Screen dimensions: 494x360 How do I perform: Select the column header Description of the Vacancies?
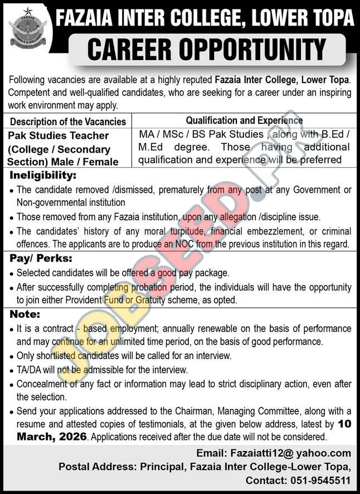[x=68, y=121]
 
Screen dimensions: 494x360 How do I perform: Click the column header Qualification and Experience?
[x=244, y=120]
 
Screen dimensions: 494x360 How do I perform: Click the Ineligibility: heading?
[x=42, y=176]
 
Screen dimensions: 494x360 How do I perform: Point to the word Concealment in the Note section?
[x=42, y=384]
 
